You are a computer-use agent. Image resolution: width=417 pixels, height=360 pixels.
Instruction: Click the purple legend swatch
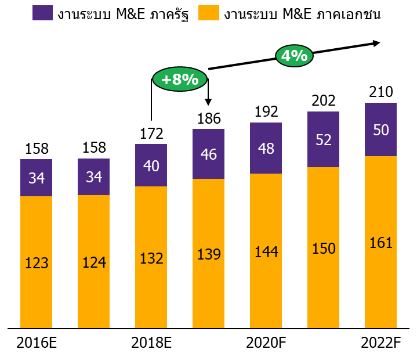(x=42, y=13)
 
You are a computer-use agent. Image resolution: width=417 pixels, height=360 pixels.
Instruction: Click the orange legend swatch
(x=209, y=13)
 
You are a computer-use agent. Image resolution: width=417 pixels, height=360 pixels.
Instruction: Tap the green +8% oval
(x=180, y=79)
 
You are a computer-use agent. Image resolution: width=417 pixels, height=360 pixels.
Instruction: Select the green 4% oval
(x=295, y=56)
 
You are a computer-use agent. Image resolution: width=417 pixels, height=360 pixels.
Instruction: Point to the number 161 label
(x=380, y=243)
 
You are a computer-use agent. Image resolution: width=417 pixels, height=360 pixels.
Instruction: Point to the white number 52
(x=323, y=140)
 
